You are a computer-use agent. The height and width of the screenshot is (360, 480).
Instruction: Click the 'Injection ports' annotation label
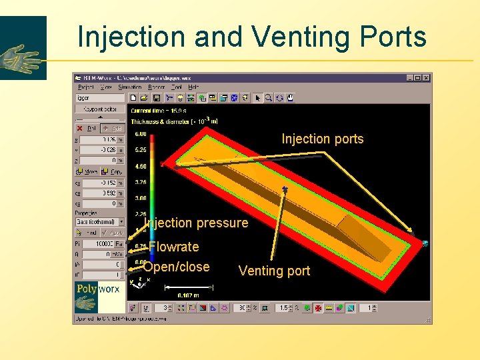point(323,139)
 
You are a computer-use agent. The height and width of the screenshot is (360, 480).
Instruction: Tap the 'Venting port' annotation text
point(274,271)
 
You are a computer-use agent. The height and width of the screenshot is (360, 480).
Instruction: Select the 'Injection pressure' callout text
point(196,223)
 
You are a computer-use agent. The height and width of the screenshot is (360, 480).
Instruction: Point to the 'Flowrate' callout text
point(174,247)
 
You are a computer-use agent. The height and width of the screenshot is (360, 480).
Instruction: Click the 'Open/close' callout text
point(177,267)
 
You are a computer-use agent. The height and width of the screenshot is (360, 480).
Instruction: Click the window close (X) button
point(426,78)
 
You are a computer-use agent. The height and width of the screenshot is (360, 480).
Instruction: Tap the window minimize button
point(409,78)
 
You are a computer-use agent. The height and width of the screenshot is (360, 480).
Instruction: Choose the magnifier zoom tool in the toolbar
point(268,98)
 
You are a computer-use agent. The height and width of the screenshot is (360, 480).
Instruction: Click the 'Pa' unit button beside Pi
point(119,244)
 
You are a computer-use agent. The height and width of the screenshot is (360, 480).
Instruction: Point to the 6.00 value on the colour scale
point(141,134)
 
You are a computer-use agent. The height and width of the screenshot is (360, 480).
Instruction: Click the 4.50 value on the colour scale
point(141,166)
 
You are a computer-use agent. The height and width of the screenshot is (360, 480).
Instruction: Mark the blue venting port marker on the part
point(285,190)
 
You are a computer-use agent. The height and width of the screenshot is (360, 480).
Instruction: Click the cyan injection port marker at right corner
point(425,241)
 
